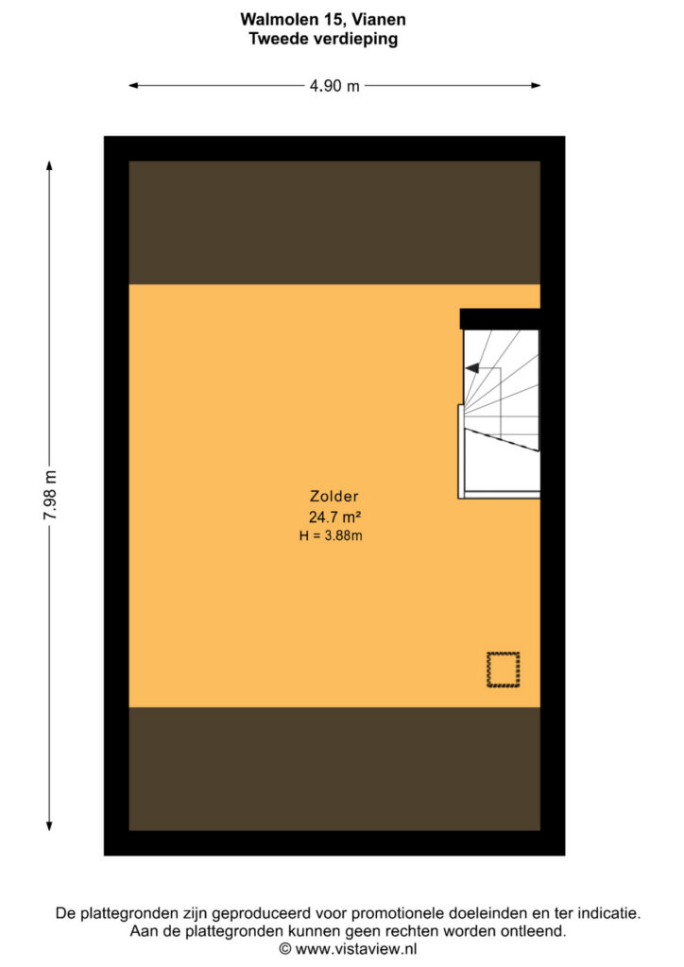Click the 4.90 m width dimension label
tap(334, 86)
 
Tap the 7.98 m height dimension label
tap(50, 495)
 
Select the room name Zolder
tap(333, 496)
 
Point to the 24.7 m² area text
tap(334, 517)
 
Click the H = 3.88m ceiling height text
tap(331, 536)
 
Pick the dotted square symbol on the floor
tap(504, 670)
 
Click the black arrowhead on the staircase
tap(471, 368)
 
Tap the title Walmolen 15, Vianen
tap(323, 19)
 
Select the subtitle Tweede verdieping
tap(323, 39)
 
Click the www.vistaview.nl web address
tap(356, 948)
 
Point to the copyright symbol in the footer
tap(285, 948)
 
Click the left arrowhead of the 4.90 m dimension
tap(133, 86)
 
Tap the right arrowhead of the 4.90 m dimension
tap(536, 86)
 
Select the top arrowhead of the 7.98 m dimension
tap(49, 165)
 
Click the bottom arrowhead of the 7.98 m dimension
tap(49, 826)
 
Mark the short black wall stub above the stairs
tap(500, 319)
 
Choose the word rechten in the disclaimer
tap(420, 931)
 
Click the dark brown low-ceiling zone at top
tap(334, 223)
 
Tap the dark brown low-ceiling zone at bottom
tap(334, 769)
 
